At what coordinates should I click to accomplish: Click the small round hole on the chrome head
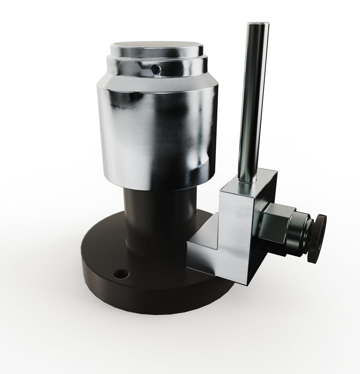click(x=155, y=69)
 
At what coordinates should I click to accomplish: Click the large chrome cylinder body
click(x=157, y=133)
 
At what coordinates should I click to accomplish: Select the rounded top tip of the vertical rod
click(x=257, y=24)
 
